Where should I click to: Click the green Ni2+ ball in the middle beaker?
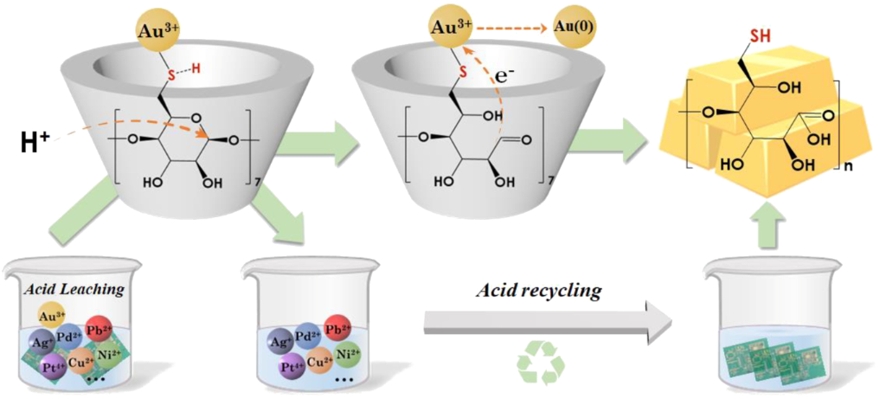[x=344, y=353]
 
